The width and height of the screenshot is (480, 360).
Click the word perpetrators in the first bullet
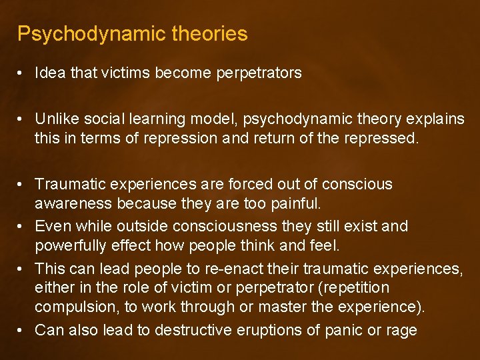tap(259, 73)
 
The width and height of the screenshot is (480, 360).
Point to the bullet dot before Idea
tap(22, 73)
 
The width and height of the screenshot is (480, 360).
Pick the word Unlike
tap(55, 119)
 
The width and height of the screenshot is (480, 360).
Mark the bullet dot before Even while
tap(22, 227)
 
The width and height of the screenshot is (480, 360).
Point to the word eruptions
tap(244, 330)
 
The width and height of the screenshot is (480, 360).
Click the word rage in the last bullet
tap(402, 330)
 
